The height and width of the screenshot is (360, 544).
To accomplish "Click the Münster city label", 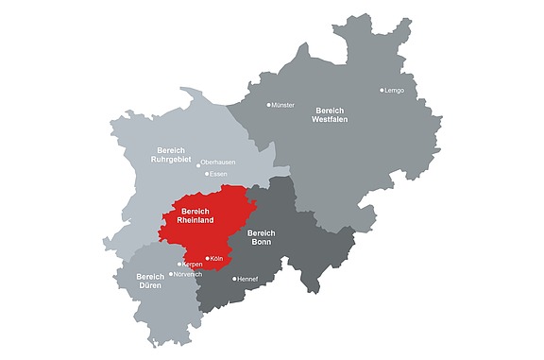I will click(284, 105).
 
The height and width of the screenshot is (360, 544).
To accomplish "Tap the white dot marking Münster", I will click(269, 105).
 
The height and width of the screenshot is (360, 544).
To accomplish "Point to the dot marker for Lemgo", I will click(382, 91).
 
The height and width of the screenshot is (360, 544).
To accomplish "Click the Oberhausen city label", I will click(219, 163).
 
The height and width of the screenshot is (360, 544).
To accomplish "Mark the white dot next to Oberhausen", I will click(198, 163).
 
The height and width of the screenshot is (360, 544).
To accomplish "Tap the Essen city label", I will click(219, 174).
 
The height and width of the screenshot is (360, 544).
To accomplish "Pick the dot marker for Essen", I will click(207, 174).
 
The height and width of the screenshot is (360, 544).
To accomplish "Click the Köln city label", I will click(217, 257).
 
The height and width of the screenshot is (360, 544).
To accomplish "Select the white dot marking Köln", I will click(208, 257).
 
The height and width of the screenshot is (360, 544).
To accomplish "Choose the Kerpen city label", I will click(193, 265).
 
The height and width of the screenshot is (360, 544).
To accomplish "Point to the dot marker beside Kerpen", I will click(179, 265).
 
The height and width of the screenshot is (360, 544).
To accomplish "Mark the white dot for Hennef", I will click(235, 280).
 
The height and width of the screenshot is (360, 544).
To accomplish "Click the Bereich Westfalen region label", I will click(331, 115).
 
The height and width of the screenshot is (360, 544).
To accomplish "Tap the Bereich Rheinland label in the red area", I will click(197, 215).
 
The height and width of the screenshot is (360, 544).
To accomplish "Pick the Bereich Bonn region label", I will click(261, 237).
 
